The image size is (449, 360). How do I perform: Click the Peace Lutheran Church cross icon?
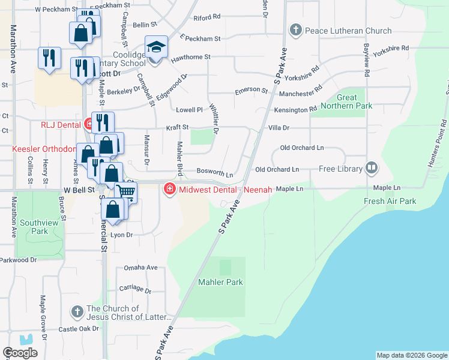[x=295, y=30]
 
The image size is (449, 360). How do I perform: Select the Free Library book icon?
[x=372, y=169]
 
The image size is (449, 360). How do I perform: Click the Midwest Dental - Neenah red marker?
[x=170, y=190]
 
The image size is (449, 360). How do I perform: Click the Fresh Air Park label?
[x=390, y=201]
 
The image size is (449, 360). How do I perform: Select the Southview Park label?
[x=34, y=226]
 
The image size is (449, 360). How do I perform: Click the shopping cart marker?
[x=125, y=192]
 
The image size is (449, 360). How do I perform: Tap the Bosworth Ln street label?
[x=215, y=173]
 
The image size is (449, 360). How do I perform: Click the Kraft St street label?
[x=178, y=127]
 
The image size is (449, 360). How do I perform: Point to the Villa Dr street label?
[x=279, y=128]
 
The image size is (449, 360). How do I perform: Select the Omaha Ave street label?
[x=140, y=268]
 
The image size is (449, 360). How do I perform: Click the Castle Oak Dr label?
[x=79, y=329]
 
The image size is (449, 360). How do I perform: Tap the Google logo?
[x=20, y=353]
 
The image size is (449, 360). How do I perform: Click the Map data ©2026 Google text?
[x=411, y=355]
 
